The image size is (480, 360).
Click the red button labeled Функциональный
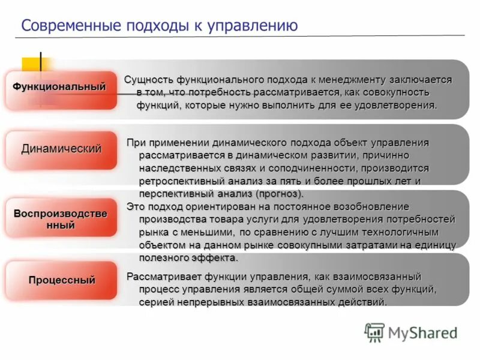point(60,88)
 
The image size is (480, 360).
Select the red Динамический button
point(61,149)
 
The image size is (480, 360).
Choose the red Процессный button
point(61,280)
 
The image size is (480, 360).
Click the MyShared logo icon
point(374,332)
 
